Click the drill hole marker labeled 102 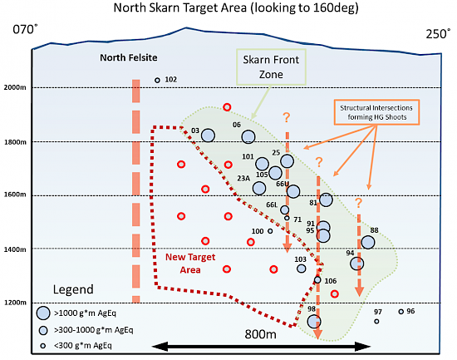(157, 80)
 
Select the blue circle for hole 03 (208, 136)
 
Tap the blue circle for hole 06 (248, 136)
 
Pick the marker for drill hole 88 (368, 242)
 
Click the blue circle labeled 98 (314, 322)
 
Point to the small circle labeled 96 (401, 312)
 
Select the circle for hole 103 (301, 269)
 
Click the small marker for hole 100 (270, 231)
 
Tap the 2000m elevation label (15, 87)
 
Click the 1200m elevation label (15, 303)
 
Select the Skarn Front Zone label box (271, 67)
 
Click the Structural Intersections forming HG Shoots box (376, 112)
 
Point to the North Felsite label (129, 57)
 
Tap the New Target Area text (190, 264)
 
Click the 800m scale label (260, 334)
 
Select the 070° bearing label (25, 29)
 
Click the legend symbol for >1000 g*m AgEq (43, 313)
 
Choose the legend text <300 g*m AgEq (83, 346)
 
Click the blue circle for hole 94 (357, 264)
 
